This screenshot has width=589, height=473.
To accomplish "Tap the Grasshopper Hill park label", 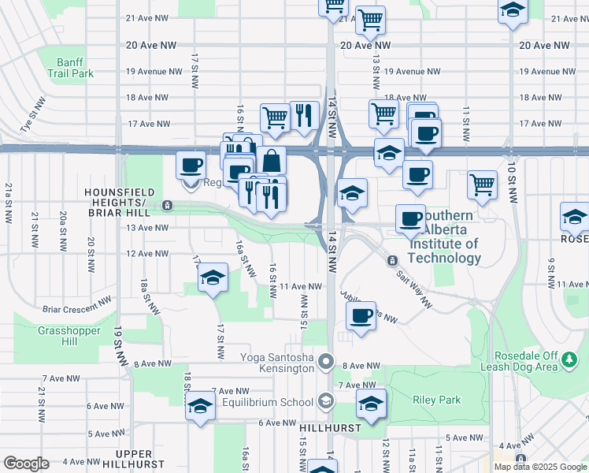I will tap(69, 336).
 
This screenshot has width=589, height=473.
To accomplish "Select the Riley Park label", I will tap(436, 400).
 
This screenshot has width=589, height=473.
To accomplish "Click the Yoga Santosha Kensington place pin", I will tap(328, 363).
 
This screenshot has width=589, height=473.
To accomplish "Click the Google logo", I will tap(26, 464).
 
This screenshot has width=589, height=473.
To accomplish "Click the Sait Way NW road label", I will tap(415, 278).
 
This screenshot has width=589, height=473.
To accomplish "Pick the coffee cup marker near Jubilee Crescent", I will tap(361, 317).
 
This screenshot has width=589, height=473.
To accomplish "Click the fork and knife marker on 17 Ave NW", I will tap(304, 115).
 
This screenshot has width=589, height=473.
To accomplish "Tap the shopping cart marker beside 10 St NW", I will tap(482, 185).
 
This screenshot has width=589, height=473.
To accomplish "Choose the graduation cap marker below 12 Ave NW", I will tap(212, 277).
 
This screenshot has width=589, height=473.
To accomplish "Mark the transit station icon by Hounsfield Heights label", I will tap(167, 206).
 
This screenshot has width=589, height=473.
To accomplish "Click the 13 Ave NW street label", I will tap(147, 228).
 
